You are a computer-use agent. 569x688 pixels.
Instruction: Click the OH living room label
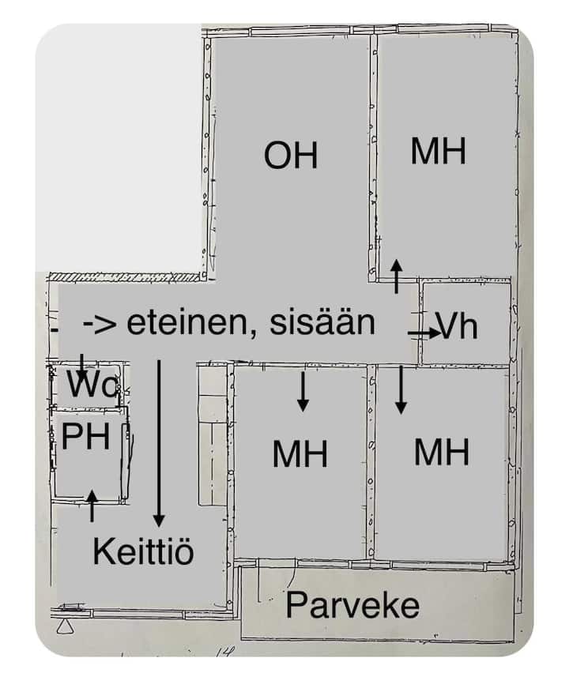point(291,156)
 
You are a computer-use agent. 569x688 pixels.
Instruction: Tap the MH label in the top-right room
point(438,151)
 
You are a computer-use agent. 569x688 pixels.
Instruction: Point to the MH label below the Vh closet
point(442,452)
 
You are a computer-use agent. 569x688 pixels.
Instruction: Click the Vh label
point(457,326)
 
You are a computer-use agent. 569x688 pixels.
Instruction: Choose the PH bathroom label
point(85,437)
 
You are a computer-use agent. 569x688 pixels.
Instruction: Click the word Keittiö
point(143,551)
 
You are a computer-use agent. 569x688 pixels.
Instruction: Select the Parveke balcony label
point(352,605)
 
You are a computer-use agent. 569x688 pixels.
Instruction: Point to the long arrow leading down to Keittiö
point(159,443)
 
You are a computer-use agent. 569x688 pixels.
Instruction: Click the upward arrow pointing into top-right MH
point(397,276)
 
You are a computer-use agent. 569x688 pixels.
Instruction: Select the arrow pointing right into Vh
point(424,333)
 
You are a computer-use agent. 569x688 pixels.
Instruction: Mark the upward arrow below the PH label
point(92,506)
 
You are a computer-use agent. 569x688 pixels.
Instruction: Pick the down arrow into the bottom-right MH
point(401,390)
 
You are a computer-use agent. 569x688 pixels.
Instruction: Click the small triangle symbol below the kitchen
point(66,626)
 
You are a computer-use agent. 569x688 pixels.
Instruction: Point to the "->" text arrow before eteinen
point(100,325)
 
